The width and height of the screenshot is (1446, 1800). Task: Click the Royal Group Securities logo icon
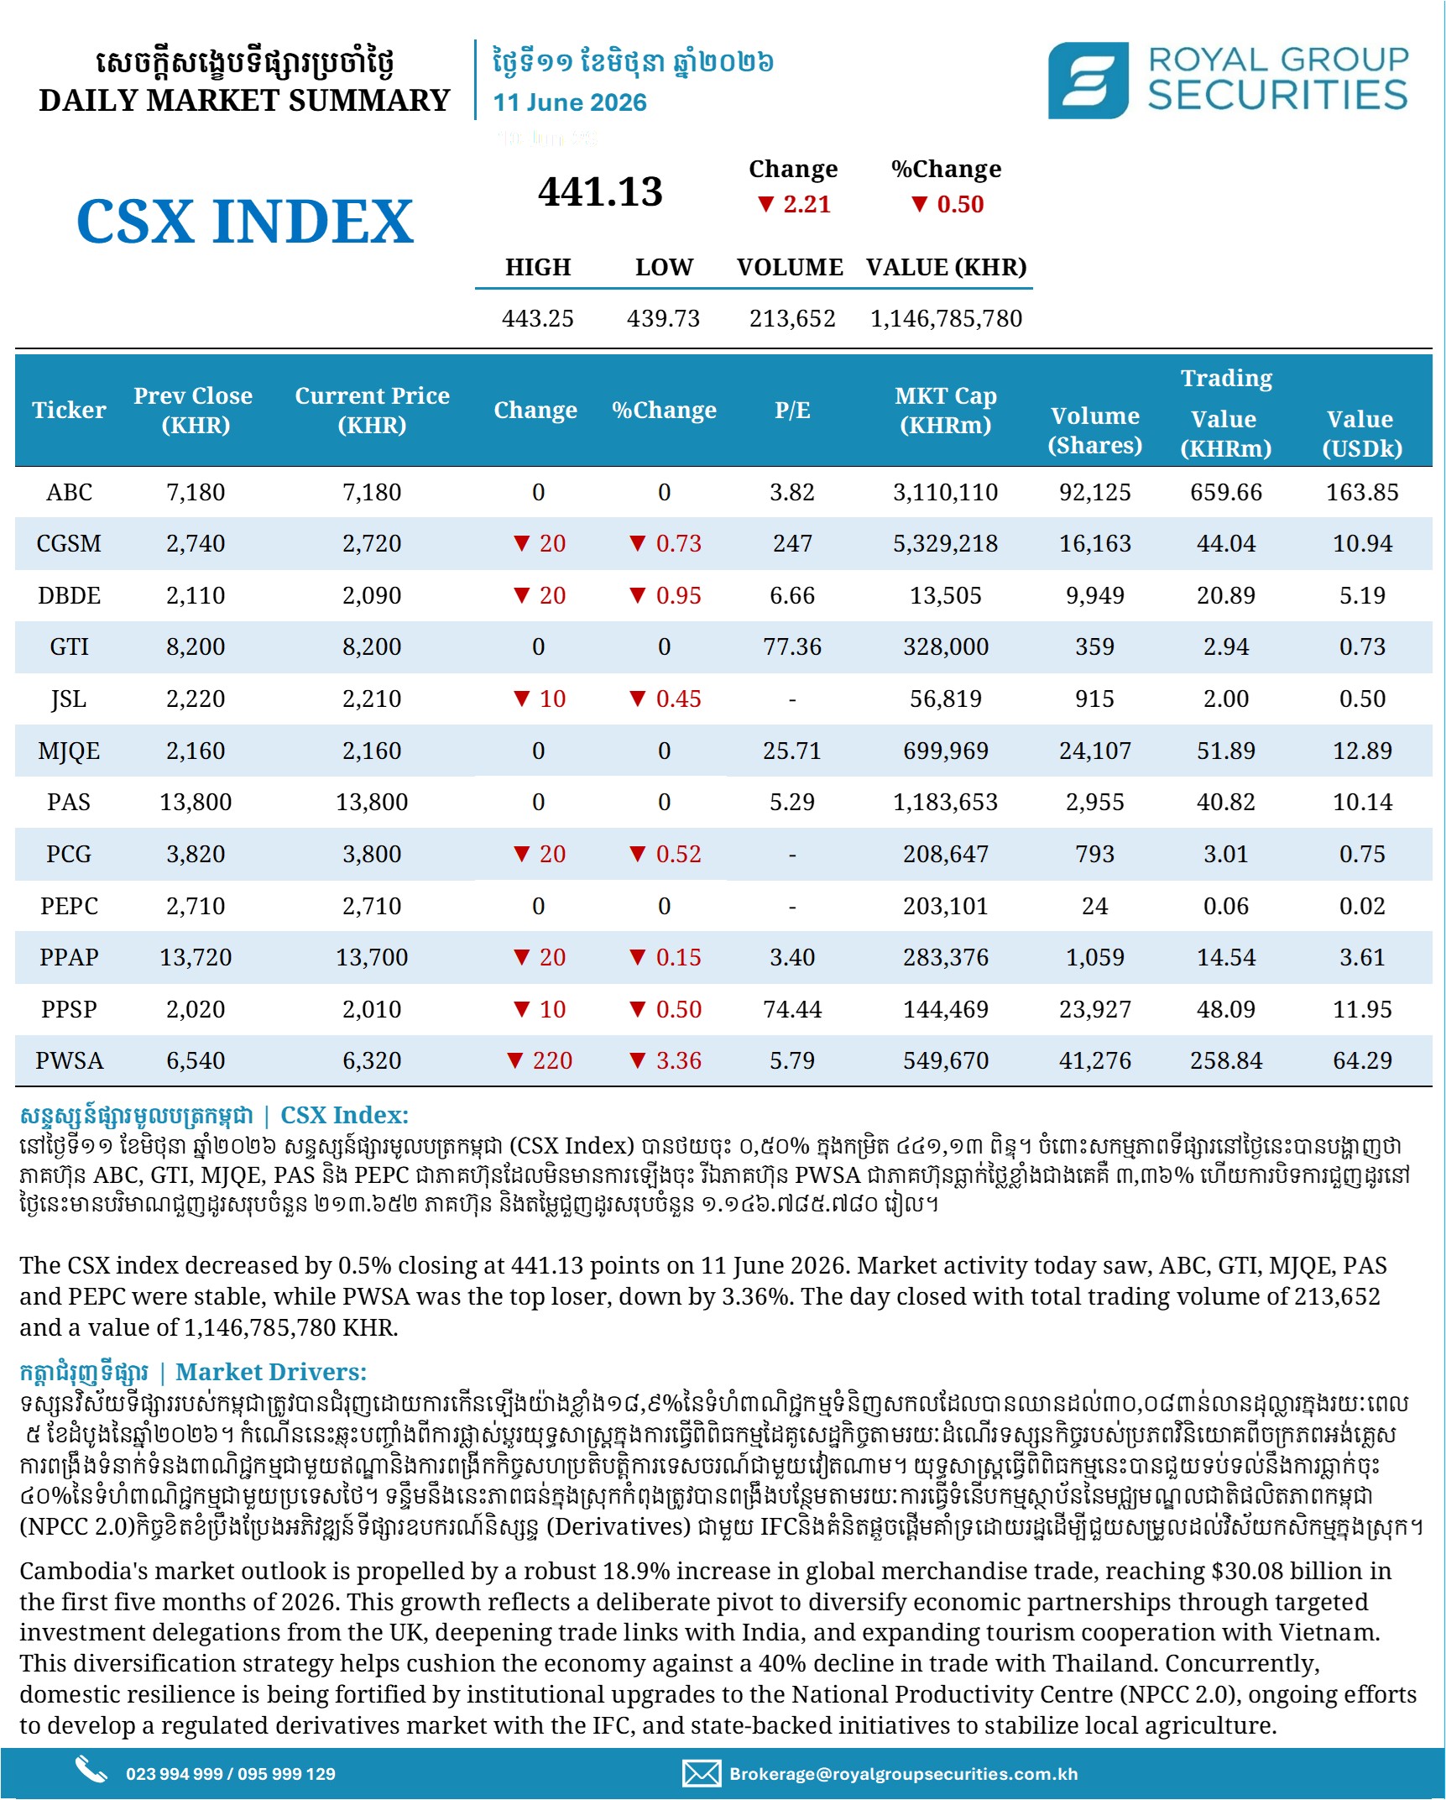pos(1088,81)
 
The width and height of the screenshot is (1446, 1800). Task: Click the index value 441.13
pos(600,191)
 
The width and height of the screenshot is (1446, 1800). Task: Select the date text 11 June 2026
pos(569,102)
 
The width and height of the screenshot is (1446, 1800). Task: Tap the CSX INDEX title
pos(245,222)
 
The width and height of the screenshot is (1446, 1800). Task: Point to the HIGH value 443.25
pos(538,318)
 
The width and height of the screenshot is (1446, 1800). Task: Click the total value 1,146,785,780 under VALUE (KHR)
pos(946,318)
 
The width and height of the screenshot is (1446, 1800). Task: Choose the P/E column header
pos(792,410)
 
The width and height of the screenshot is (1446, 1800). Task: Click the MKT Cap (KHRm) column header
pos(946,410)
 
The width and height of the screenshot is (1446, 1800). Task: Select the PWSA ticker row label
pos(69,1060)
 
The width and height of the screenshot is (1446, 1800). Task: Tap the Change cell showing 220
pos(540,1060)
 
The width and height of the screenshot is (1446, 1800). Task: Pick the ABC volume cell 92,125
pos(1094,492)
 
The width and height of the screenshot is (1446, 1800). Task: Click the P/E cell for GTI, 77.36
pos(792,646)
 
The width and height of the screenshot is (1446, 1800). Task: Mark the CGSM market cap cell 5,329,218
pos(946,543)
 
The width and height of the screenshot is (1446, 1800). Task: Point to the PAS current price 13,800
pos(372,802)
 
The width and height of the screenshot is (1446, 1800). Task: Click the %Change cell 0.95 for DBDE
pos(666,595)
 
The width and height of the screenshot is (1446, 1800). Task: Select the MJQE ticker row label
pos(69,751)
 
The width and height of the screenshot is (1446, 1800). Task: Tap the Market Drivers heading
pos(271,1372)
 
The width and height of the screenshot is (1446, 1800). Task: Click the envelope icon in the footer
pos(702,1773)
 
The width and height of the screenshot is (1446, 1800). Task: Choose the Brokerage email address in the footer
pos(903,1773)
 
